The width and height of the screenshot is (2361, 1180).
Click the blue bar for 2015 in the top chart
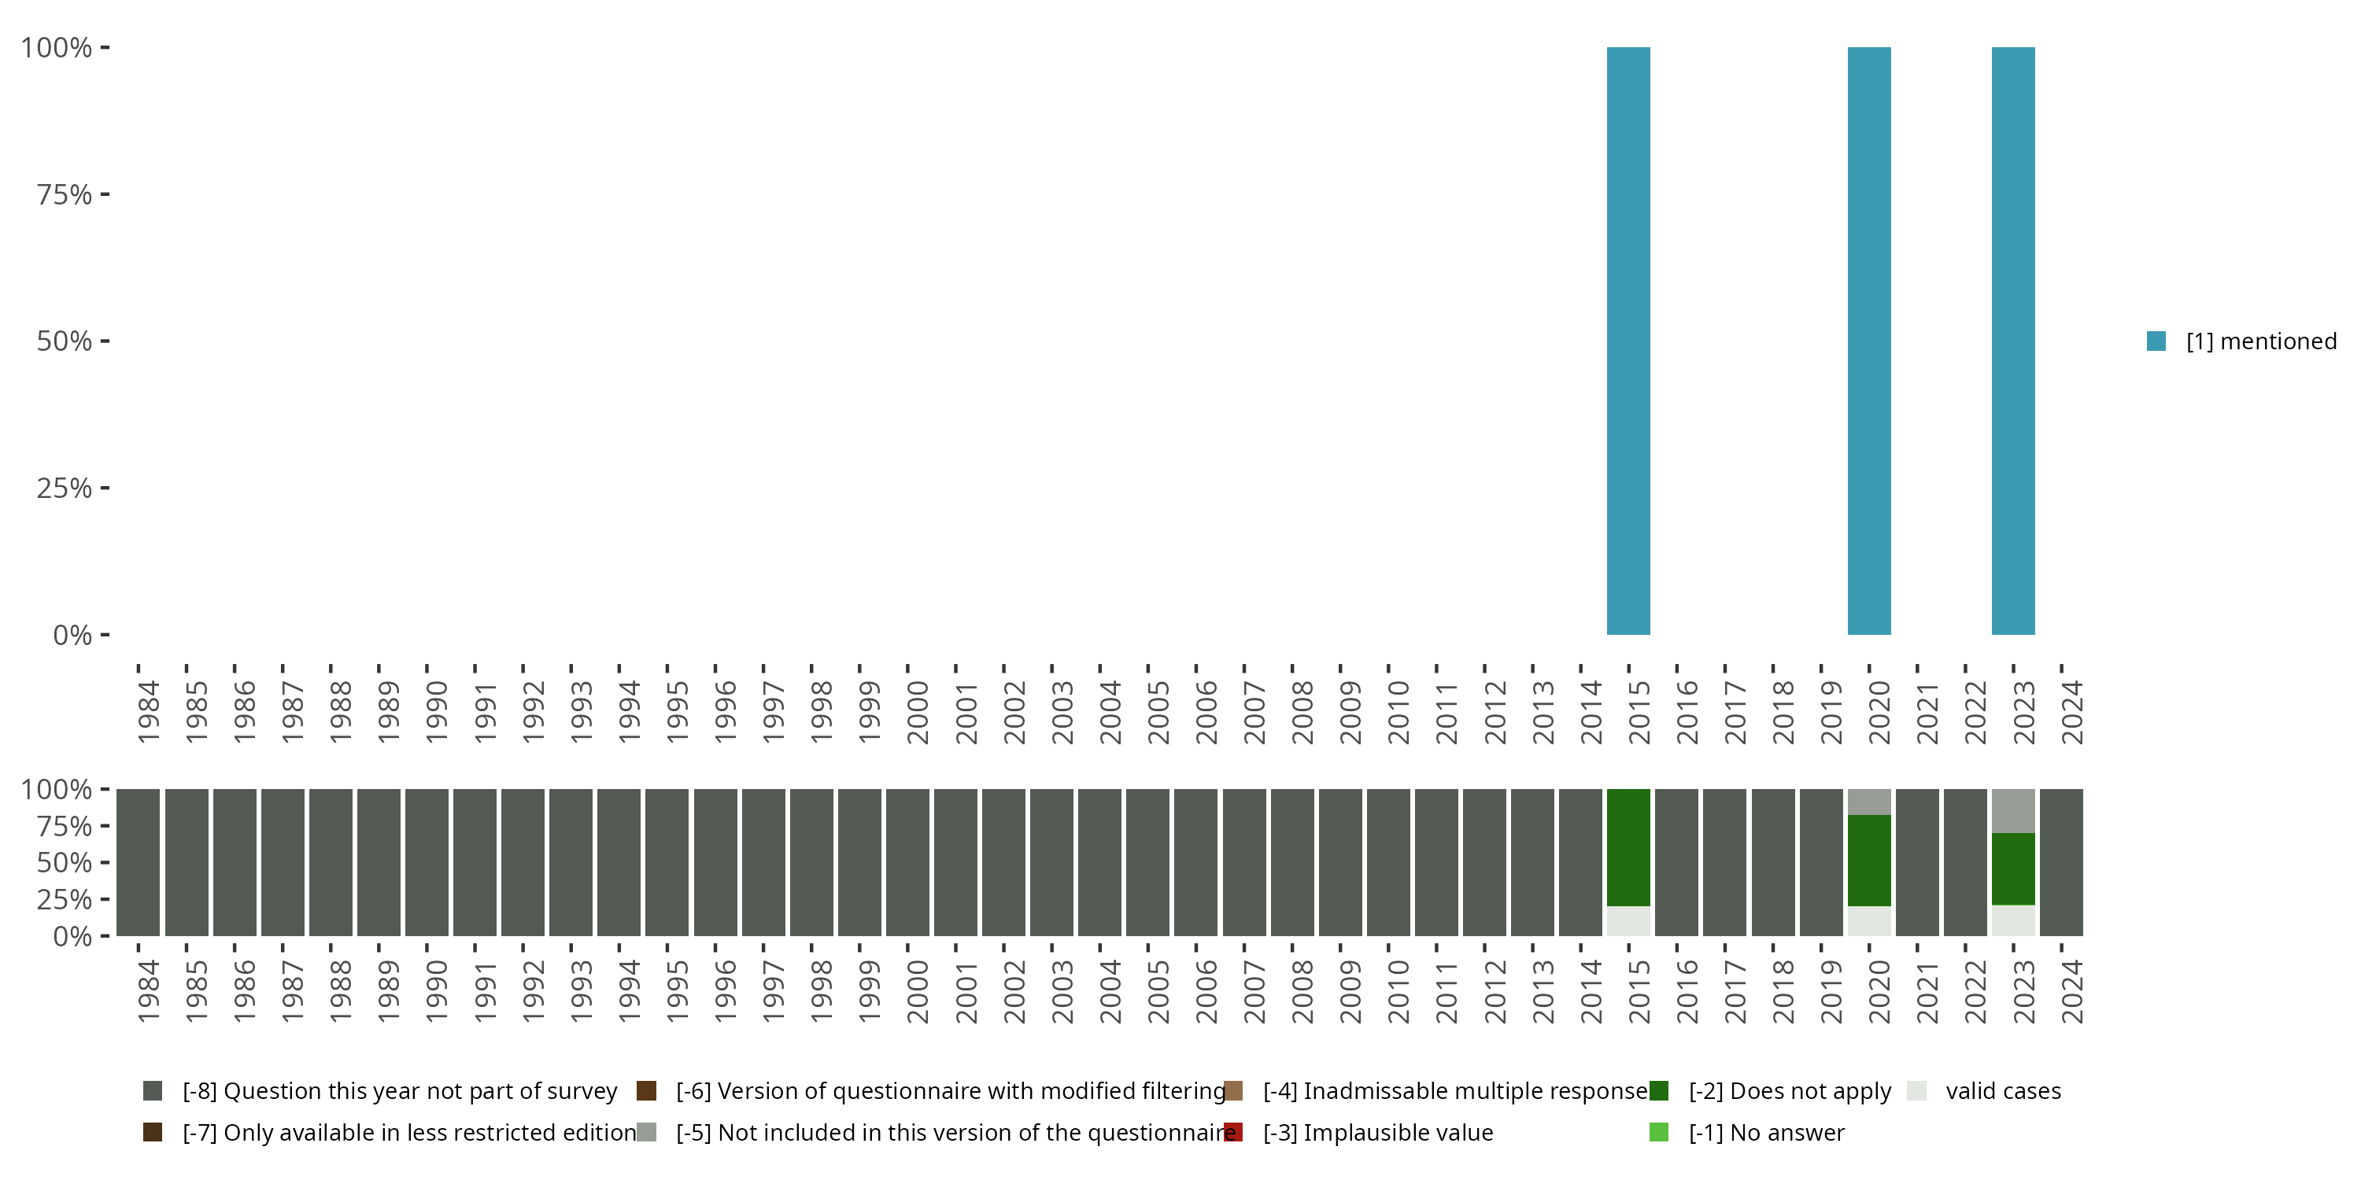click(x=1628, y=341)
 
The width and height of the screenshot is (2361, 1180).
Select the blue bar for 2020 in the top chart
click(x=1869, y=341)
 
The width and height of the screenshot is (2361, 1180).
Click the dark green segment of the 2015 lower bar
click(x=1628, y=847)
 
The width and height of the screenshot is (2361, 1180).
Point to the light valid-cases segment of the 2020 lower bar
click(x=1869, y=920)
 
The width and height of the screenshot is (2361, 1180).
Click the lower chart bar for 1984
click(x=139, y=862)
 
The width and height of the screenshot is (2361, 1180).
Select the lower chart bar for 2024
click(x=2061, y=862)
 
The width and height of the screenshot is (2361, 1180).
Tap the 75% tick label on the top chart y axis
click(x=65, y=194)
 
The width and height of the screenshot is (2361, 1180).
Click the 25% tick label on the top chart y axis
click(x=65, y=488)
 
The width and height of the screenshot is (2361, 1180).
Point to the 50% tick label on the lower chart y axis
click(x=65, y=862)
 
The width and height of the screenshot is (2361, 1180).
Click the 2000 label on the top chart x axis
click(x=917, y=712)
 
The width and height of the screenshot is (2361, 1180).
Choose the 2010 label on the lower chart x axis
click(x=1397, y=991)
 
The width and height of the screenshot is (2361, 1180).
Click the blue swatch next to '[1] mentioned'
click(x=2156, y=341)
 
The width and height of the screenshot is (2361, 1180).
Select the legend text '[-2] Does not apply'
click(x=1789, y=1090)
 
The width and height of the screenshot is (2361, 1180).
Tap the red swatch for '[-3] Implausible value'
click(x=1234, y=1132)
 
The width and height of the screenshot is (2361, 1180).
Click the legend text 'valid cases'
click(x=2003, y=1090)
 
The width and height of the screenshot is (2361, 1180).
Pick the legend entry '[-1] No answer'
click(x=1766, y=1132)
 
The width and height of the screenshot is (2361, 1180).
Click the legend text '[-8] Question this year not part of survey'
click(x=400, y=1090)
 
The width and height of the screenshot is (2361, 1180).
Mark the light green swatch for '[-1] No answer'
click(x=1659, y=1132)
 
